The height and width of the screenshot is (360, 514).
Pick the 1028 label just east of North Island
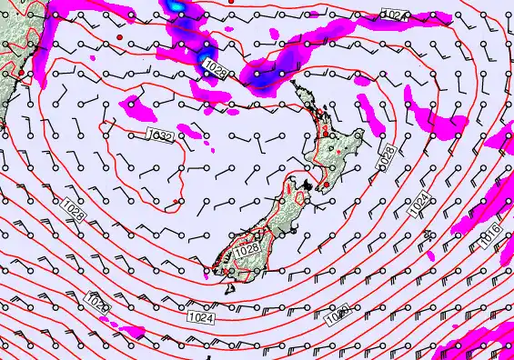coord(388,155)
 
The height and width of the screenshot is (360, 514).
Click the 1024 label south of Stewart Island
coord(203,318)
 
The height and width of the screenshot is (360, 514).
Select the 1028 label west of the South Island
coord(75,214)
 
